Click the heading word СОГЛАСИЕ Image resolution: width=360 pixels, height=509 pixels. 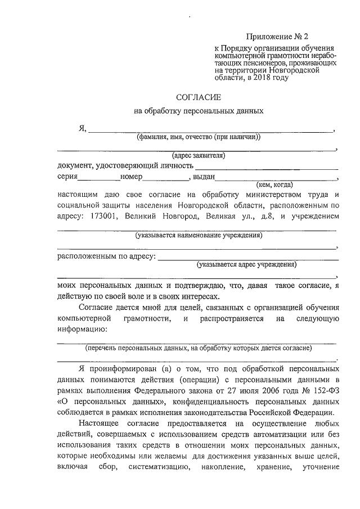pos(199,97)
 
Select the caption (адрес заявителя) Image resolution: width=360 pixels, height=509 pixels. pos(199,155)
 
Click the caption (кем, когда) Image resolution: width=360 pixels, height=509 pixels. pos(274,184)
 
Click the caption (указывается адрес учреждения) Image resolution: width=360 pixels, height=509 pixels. pos(246,264)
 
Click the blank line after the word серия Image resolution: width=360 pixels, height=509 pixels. pos(98,179)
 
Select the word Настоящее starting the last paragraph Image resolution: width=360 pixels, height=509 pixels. pos(99,424)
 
